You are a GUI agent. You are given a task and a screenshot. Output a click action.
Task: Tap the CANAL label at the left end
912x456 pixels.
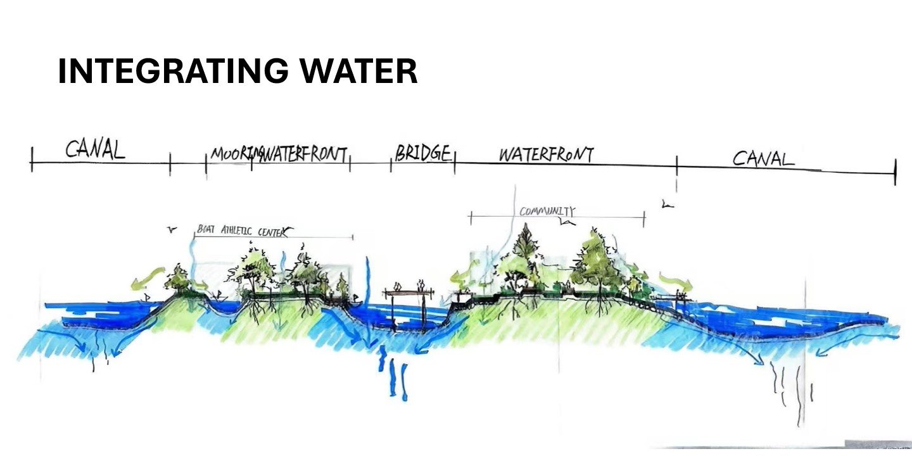coord(95,149)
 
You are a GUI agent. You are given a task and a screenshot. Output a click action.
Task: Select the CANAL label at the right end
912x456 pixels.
coord(763,158)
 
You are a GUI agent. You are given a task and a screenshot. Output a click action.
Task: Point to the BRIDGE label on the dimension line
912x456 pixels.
coord(423,153)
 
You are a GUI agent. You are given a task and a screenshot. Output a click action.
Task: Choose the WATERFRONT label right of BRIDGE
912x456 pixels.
coord(546,155)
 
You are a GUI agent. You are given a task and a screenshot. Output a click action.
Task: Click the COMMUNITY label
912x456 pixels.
coord(547,211)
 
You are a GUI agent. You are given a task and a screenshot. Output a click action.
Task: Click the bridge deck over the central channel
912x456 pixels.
coord(408,293)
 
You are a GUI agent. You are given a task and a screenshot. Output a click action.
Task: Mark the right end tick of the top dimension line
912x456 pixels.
coord(895,172)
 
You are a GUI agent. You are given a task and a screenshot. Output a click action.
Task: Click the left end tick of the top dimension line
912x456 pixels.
coord(31,158)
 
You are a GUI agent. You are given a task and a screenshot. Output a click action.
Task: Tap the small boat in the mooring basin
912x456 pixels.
coord(218,296)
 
